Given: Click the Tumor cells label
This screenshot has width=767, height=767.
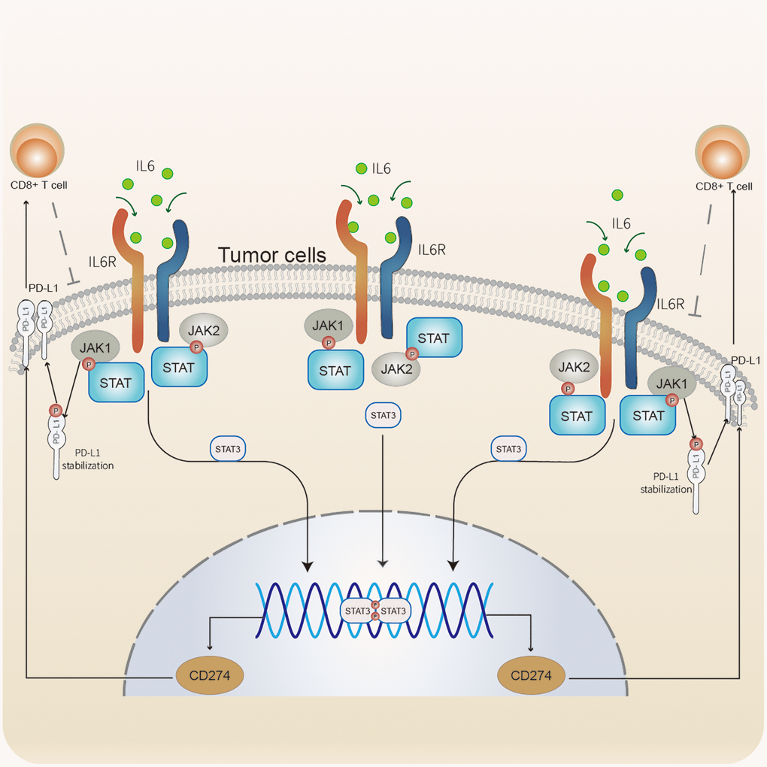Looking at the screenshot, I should click(x=272, y=256).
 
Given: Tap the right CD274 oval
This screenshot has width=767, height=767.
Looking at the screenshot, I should click(x=532, y=675).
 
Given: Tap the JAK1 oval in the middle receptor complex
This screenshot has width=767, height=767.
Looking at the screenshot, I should click(x=327, y=327).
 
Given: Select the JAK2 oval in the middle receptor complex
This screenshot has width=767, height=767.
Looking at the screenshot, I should click(x=396, y=368).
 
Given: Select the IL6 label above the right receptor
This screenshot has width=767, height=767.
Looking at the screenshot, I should click(x=621, y=223).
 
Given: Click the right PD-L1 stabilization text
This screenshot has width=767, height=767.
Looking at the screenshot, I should click(x=665, y=482).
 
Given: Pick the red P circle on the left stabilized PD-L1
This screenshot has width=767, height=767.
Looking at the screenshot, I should click(x=55, y=410).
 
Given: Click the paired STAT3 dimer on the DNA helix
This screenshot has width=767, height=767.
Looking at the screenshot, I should click(x=374, y=611).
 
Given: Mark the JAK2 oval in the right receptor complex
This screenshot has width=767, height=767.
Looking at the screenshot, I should click(x=573, y=368).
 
